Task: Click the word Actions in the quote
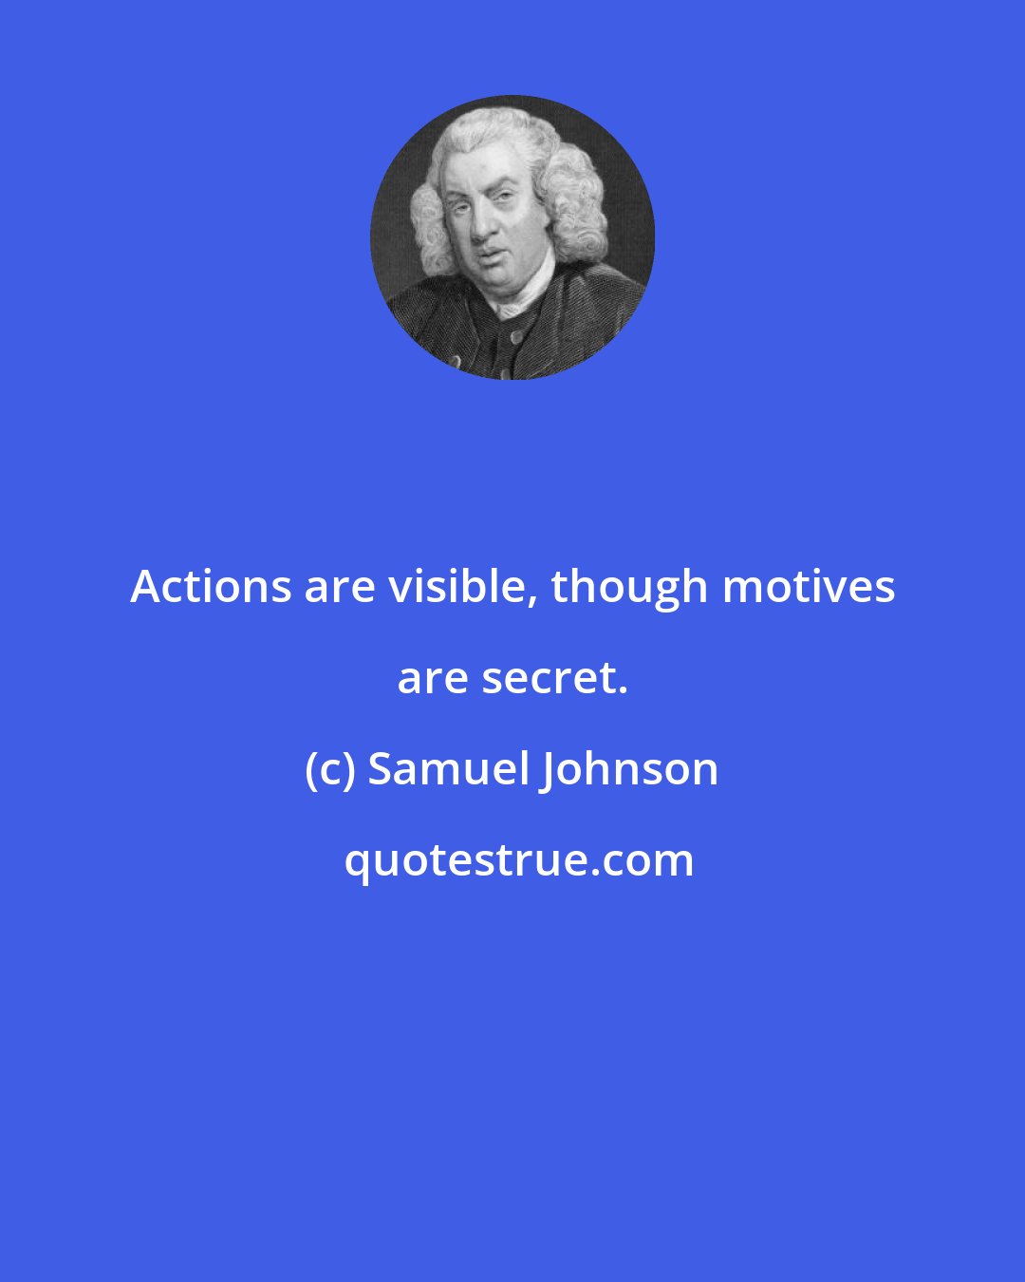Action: [x=211, y=587]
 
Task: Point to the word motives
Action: [x=809, y=587]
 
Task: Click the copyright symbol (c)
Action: [x=330, y=769]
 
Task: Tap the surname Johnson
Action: [x=629, y=769]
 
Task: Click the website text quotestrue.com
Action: [x=518, y=860]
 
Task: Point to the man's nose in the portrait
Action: [x=485, y=226]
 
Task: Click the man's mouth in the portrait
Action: [x=490, y=255]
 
